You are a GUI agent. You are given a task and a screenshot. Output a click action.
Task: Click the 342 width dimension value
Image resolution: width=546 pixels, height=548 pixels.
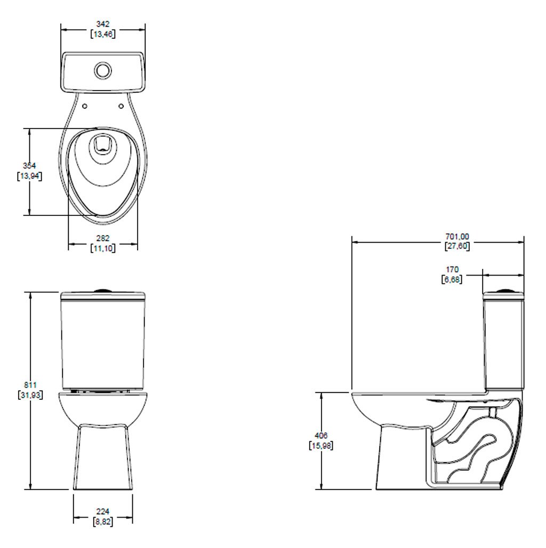click(103, 24)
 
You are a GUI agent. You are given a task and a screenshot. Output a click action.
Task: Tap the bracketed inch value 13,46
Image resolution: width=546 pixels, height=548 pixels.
click(103, 34)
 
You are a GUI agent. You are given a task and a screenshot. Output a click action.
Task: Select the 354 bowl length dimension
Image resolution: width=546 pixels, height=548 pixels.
click(29, 166)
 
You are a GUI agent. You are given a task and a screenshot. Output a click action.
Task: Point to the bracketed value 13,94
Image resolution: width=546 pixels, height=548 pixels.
click(29, 176)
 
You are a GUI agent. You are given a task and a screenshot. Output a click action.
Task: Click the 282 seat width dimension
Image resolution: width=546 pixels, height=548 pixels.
click(103, 238)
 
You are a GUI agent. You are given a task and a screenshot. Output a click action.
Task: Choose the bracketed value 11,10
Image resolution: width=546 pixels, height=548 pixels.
click(103, 248)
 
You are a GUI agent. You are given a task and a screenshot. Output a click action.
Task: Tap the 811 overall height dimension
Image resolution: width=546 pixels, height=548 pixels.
click(30, 385)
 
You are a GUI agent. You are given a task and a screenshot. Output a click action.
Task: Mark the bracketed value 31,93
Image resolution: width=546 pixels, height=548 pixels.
click(30, 395)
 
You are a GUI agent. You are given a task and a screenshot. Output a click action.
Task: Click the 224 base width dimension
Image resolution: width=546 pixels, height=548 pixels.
click(103, 512)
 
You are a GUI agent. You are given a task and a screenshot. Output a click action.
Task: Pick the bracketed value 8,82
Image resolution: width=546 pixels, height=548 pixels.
click(103, 522)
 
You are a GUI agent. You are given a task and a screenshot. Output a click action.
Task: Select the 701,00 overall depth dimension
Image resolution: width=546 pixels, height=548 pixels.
click(457, 237)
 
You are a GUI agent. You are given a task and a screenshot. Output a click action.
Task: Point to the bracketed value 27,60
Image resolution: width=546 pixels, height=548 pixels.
click(457, 246)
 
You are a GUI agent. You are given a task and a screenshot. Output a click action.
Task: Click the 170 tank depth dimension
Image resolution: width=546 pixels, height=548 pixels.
click(452, 269)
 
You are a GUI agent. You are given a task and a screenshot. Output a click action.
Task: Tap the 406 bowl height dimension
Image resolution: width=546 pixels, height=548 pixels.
click(321, 436)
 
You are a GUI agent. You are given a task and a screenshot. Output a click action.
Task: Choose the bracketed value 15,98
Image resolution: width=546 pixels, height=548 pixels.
click(321, 446)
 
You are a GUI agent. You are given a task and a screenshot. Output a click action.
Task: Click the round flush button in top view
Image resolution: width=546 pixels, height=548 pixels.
click(103, 70)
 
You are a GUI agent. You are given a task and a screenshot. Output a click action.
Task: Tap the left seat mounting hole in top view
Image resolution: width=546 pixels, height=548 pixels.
click(85, 106)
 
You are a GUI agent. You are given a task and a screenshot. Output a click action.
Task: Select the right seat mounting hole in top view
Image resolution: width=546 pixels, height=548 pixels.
click(121, 106)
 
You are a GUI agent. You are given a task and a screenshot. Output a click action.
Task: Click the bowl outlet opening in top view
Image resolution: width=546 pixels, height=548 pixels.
click(103, 144)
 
